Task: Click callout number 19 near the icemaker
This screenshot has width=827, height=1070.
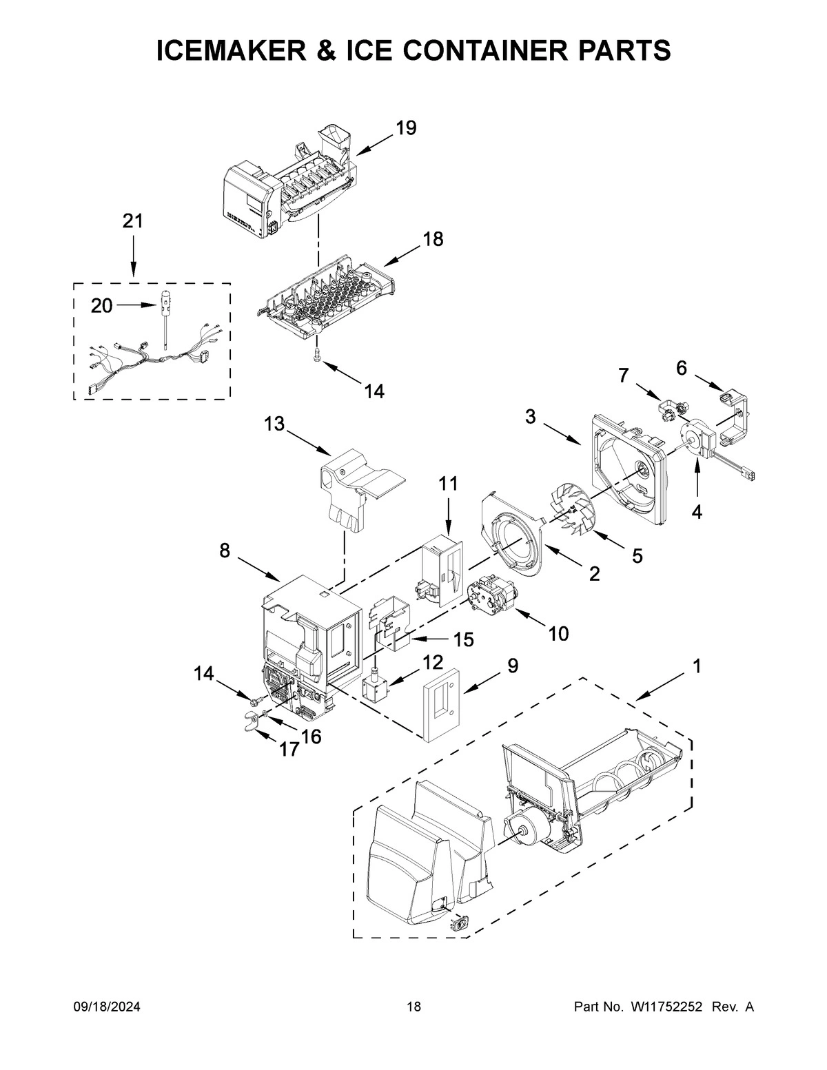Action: tap(406, 128)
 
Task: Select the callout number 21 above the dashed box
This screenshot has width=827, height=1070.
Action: tap(133, 221)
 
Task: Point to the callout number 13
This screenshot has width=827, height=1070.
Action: tap(274, 424)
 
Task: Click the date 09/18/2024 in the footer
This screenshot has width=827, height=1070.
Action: tap(107, 1007)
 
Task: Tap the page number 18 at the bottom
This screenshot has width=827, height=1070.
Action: tap(413, 1007)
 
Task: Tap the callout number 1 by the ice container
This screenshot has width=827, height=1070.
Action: tap(697, 666)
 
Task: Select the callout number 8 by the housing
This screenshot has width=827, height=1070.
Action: tap(225, 551)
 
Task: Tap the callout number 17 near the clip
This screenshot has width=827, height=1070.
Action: tap(289, 749)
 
